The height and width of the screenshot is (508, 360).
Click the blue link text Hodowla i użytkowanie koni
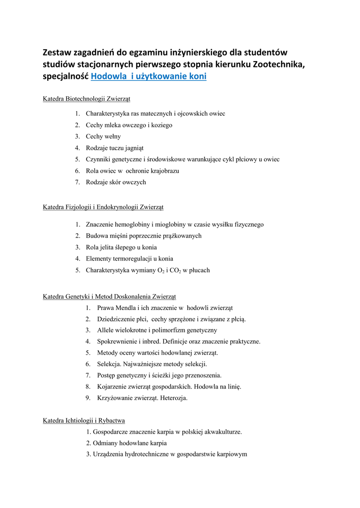click(x=149, y=76)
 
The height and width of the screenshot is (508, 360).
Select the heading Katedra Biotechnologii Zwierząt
click(x=86, y=99)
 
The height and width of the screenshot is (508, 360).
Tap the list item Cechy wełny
click(x=103, y=136)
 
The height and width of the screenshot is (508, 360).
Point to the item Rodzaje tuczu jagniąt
click(x=115, y=148)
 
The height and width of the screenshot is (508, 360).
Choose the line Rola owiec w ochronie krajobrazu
click(x=133, y=171)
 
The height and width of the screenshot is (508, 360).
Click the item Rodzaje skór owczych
click(x=116, y=182)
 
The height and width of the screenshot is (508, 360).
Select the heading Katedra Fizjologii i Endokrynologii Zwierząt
click(x=103, y=206)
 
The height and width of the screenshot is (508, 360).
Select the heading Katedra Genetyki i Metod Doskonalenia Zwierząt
click(x=109, y=297)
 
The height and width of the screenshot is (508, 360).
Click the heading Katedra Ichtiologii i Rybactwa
click(x=83, y=421)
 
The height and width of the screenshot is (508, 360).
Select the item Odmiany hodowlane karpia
click(x=126, y=443)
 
